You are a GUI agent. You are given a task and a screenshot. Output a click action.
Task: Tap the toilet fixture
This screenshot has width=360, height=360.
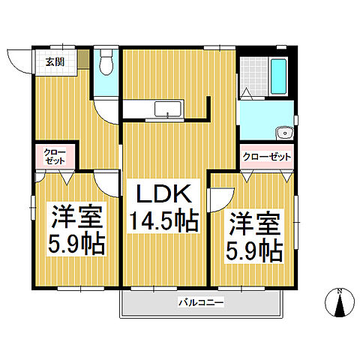(x=106, y=64)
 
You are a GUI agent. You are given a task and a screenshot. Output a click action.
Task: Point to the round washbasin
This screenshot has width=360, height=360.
(x=285, y=133)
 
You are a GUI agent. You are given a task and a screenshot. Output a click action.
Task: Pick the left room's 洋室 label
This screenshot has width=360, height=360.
(x=76, y=217)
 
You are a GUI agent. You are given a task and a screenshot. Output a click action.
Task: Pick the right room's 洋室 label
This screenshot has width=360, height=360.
(x=255, y=223)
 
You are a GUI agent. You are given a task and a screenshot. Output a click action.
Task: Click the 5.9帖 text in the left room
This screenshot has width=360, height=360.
(x=76, y=244)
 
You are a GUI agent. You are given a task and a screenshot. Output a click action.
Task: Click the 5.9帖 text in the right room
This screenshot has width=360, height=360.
(x=255, y=250)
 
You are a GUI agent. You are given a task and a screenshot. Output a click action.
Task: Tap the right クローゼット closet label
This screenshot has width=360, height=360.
(x=266, y=157)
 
